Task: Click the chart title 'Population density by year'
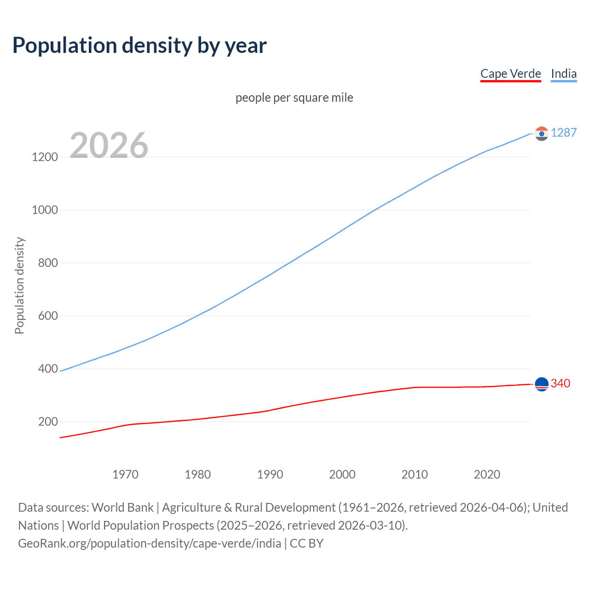[x=139, y=46]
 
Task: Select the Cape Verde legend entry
[x=510, y=74]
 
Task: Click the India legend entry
[x=563, y=74]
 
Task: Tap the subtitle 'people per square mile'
[x=294, y=98]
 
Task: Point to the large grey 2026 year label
[x=109, y=145]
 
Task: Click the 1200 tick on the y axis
[x=45, y=157]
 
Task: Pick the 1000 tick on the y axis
[x=45, y=210]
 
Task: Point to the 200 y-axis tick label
[x=48, y=422]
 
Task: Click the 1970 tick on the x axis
[x=125, y=474]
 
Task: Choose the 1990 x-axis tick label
[x=270, y=474]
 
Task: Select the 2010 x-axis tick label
[x=415, y=474]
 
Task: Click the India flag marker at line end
[x=542, y=133]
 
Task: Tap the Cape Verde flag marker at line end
[x=542, y=384]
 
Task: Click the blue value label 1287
[x=563, y=133]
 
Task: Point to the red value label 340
[x=560, y=383]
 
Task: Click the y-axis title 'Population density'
[x=19, y=285]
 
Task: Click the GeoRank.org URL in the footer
[x=150, y=543]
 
